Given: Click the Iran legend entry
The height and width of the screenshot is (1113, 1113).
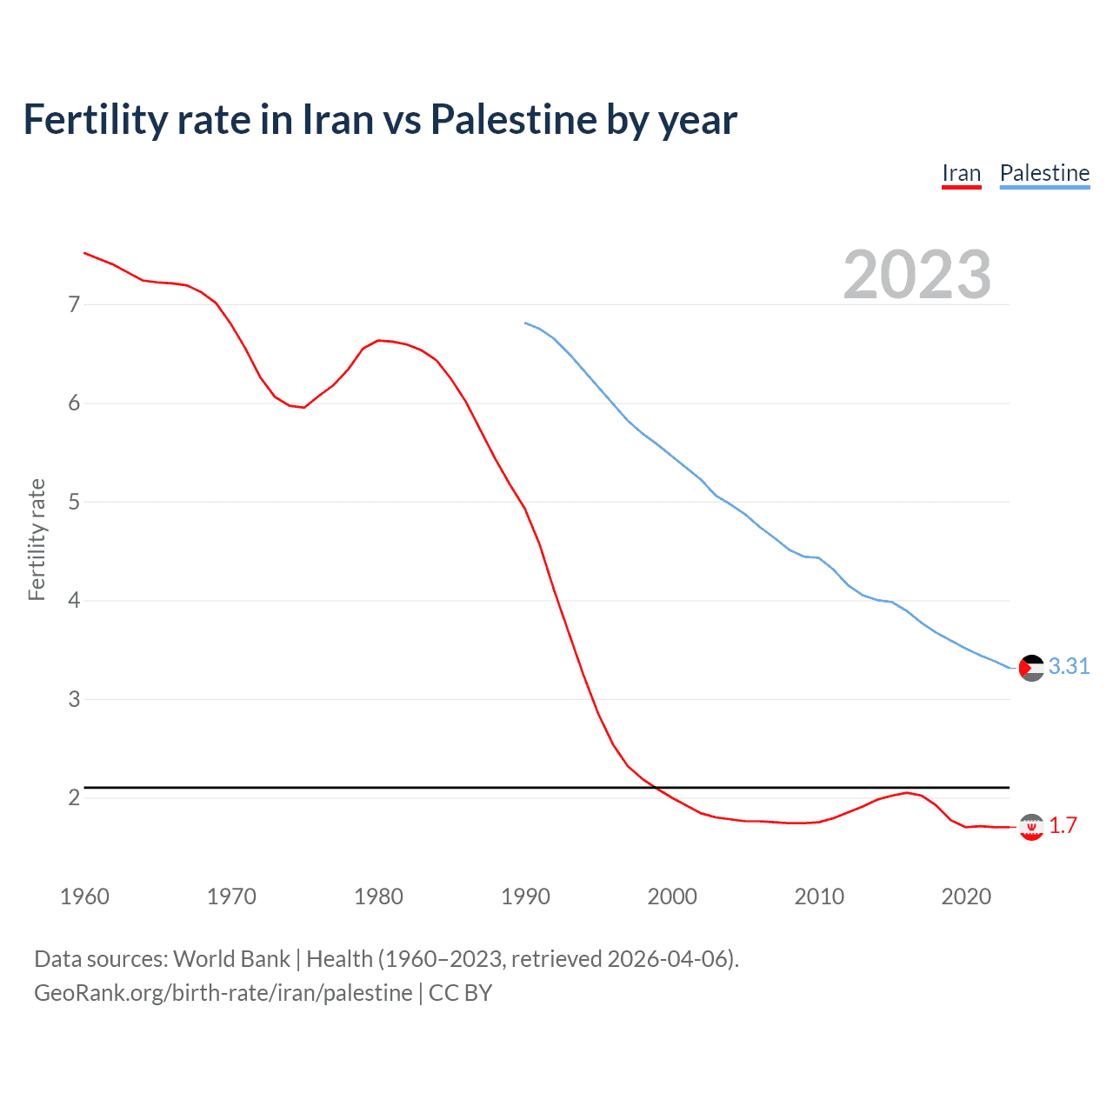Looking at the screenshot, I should coord(961,173).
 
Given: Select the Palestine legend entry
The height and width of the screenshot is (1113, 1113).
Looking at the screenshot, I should coord(1044,173).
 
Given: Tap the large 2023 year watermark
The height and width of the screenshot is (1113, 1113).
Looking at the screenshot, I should coord(916,275).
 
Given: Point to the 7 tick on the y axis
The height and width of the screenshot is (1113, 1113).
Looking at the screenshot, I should coord(74,304).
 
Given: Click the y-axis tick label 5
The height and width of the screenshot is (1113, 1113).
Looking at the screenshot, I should coord(74,502).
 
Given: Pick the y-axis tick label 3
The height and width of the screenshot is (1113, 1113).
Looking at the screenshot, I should coord(74,699).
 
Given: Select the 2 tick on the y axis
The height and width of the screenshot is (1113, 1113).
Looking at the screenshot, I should coord(74,797).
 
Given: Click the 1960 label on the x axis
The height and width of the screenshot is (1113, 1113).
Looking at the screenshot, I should coord(84,896).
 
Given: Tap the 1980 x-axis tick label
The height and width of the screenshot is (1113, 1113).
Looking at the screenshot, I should coord(378,896).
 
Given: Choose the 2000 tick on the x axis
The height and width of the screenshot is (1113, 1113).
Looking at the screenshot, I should coord(672,896).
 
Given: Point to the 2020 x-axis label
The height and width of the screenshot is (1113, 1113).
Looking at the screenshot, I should coord(966,896).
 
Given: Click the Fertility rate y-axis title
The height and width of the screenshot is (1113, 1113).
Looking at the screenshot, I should coord(37,539).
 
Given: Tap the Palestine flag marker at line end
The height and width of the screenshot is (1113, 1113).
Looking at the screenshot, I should coord(1031,668).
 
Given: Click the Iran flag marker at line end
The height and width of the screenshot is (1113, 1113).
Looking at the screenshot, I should coord(1031,827).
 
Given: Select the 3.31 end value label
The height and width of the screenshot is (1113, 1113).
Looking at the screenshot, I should coord(1069,666).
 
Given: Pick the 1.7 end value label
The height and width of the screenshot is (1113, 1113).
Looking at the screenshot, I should coord(1063,825).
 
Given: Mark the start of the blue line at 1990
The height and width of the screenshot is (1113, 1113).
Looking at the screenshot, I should coord(525,323).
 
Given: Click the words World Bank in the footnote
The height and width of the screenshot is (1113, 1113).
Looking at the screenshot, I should coord(231,959).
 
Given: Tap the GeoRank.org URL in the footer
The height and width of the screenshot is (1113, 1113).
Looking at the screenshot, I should coord(223,993).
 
